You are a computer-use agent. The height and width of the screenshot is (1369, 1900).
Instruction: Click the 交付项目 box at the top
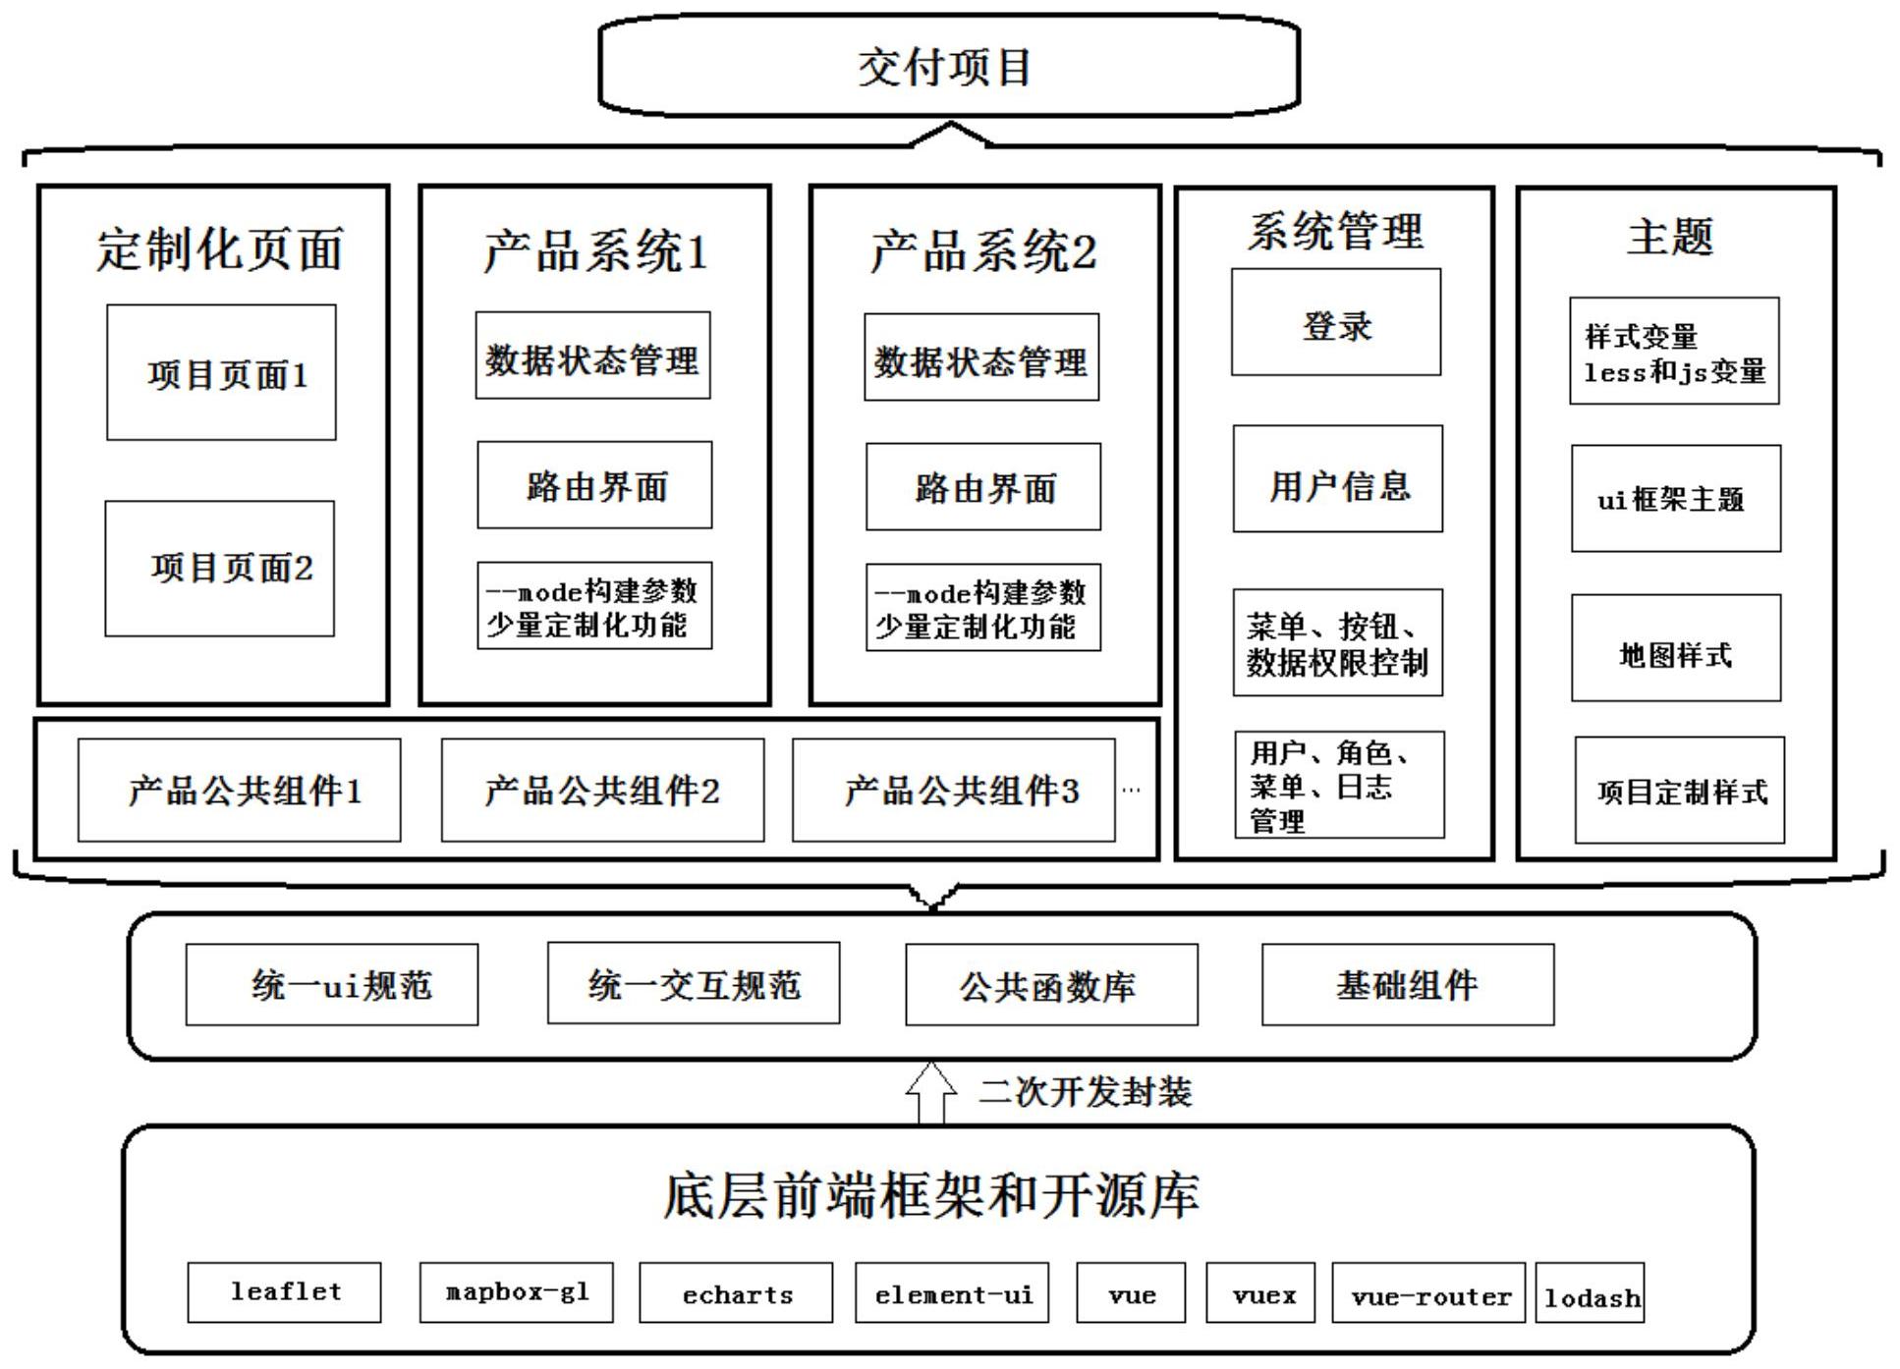(x=948, y=67)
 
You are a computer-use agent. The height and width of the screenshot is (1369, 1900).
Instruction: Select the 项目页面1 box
(x=221, y=373)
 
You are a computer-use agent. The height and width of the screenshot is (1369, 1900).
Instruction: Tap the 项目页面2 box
(x=220, y=569)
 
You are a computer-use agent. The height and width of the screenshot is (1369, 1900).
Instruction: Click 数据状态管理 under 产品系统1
(x=592, y=356)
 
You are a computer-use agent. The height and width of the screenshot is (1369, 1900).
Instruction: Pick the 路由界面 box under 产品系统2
(x=982, y=487)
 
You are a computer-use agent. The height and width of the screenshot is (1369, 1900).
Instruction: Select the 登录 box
(x=1336, y=323)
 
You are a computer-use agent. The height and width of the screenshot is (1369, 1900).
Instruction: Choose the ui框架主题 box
(x=1676, y=499)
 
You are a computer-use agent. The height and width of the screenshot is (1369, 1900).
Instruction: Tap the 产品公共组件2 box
(x=602, y=791)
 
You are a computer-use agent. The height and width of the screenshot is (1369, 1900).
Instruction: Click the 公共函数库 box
(x=1051, y=985)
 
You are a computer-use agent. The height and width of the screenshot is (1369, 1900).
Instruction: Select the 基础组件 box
(x=1408, y=985)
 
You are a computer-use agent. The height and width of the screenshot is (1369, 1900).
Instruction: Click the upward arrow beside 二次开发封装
(x=930, y=1092)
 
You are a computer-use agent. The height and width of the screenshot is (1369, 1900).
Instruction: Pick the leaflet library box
(x=285, y=1292)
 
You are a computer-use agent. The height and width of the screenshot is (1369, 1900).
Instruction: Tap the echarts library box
(x=736, y=1293)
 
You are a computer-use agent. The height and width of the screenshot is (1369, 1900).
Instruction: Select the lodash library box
(x=1590, y=1293)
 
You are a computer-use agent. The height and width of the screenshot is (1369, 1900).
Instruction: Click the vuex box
(x=1263, y=1293)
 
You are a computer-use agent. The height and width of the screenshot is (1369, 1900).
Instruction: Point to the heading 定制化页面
(x=218, y=249)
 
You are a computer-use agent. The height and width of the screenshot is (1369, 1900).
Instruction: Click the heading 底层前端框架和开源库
(x=931, y=1196)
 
